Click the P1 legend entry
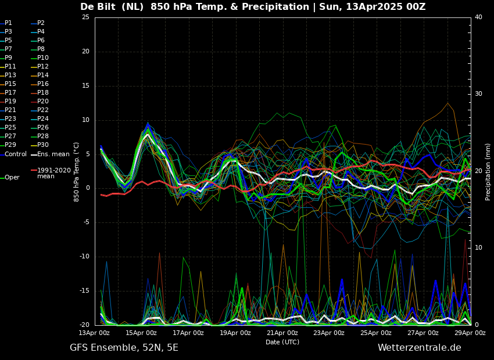coord(6,23)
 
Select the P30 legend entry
coord(40,145)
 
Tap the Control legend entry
coord(13,154)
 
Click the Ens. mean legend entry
coord(50,154)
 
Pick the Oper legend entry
coord(10,178)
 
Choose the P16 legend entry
coord(40,84)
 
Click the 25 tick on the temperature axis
coord(85,17)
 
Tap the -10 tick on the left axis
coord(84,257)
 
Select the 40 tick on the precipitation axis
coord(478,17)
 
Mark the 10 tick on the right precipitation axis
coord(478,248)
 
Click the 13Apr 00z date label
coord(94,333)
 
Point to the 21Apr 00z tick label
coord(282,333)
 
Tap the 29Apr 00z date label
coord(470,333)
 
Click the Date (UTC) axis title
coord(282,342)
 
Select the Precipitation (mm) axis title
coord(488,171)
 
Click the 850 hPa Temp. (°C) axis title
coord(76,172)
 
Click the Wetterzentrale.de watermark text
coord(420,348)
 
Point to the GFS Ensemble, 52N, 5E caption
coord(124,348)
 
